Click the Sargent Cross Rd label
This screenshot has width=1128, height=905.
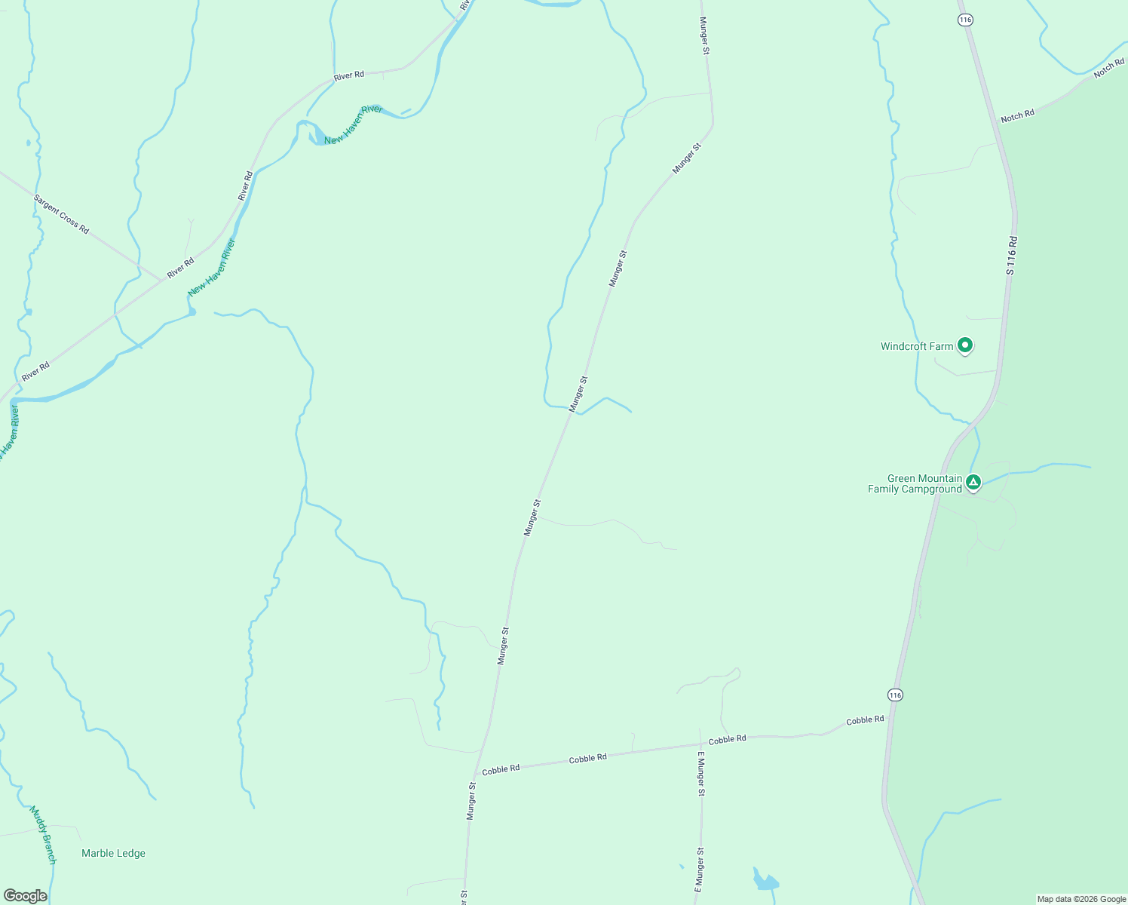(61, 214)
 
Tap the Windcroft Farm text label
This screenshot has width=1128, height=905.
(917, 346)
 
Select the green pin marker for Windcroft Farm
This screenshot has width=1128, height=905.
(964, 345)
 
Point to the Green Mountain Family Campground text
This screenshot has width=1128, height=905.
(915, 483)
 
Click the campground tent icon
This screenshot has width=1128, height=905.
(973, 481)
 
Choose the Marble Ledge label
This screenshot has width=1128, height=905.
(113, 853)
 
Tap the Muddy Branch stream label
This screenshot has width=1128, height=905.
(43, 836)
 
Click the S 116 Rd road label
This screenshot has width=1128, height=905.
(1012, 256)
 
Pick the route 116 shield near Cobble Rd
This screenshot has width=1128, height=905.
(895, 694)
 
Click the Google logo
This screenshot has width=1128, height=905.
(25, 896)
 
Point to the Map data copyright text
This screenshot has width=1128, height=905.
(1081, 899)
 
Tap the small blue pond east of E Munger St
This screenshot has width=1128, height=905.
(765, 881)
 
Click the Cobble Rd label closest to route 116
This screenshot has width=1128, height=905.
(865, 720)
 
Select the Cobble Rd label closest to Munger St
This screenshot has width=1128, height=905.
(501, 769)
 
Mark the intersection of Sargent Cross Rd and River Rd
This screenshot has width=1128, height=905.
(161, 279)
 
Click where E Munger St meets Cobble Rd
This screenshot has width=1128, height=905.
(700, 744)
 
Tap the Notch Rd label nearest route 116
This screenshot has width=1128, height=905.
(1017, 116)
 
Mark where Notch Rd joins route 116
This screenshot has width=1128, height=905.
(999, 124)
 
